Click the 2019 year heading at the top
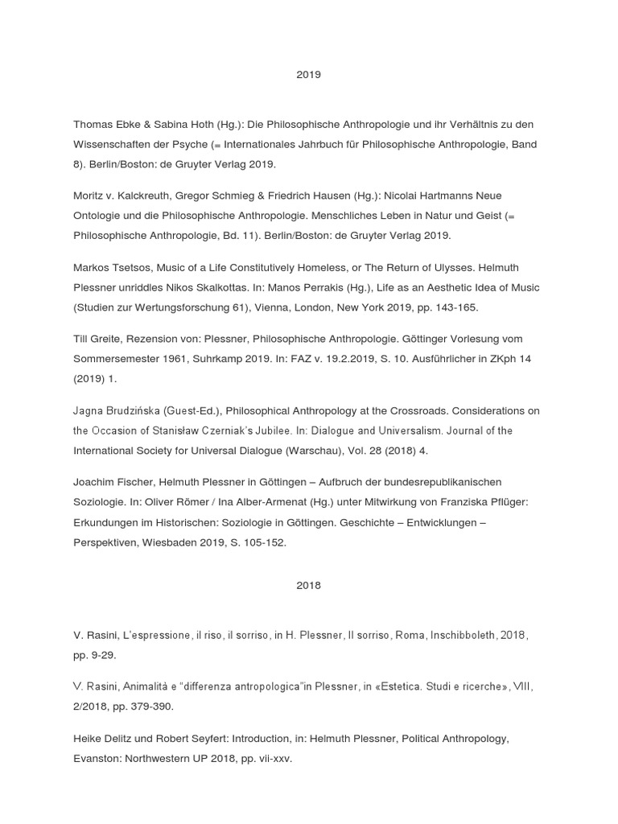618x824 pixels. pos(308,74)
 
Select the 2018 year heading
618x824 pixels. pos(308,585)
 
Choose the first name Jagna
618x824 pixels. pos(89,410)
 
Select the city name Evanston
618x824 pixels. pos(98,758)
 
